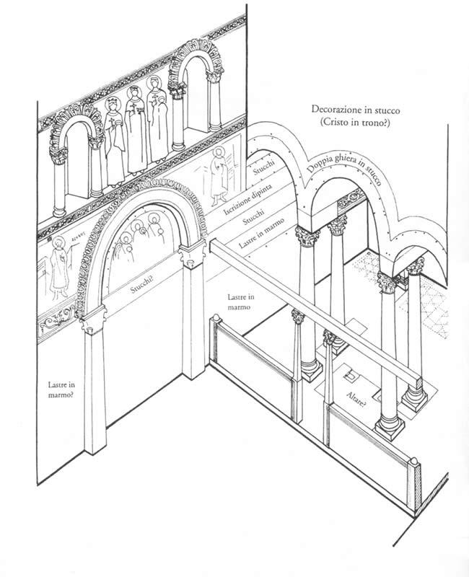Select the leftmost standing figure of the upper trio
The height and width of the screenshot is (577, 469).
click(114, 141)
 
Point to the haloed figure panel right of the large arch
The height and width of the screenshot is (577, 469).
click(215, 180)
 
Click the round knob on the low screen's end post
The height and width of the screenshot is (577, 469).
click(416, 459)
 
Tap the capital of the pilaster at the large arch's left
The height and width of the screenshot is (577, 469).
click(95, 317)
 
